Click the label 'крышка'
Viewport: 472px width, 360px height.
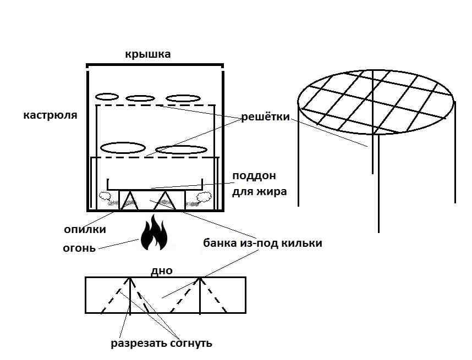pyautogui.click(x=148, y=54)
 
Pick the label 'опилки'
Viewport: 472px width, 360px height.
pyautogui.click(x=84, y=229)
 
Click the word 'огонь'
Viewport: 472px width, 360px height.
pyautogui.click(x=79, y=247)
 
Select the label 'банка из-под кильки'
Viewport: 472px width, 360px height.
pyautogui.click(x=262, y=242)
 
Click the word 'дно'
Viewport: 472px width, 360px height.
pyautogui.click(x=161, y=270)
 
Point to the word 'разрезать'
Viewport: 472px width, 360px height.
pyautogui.click(x=138, y=344)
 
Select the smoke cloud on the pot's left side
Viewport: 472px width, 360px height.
pyautogui.click(x=105, y=195)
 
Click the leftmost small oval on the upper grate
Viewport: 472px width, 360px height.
pyautogui.click(x=107, y=97)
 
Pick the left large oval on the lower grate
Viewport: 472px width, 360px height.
pyautogui.click(x=122, y=148)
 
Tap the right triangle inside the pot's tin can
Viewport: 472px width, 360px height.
pyautogui.click(x=163, y=201)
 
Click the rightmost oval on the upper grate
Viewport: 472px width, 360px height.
pyautogui.click(x=183, y=98)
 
